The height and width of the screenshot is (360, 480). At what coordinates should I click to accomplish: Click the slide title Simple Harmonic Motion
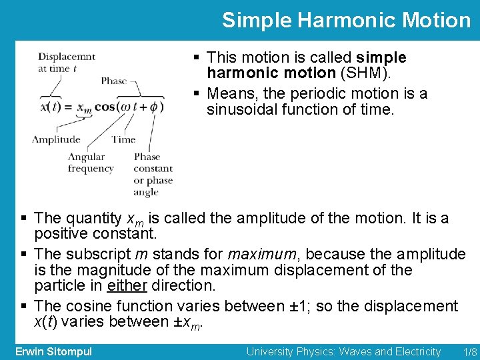click(x=346, y=20)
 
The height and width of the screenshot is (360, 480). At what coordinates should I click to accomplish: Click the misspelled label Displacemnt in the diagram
click(x=66, y=57)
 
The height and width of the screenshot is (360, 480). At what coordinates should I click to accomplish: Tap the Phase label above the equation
click(x=114, y=81)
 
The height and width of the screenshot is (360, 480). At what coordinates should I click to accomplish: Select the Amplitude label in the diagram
click(x=56, y=139)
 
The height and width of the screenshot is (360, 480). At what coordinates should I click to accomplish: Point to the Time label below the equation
click(x=123, y=139)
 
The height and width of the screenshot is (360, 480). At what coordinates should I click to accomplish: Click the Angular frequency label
click(x=91, y=163)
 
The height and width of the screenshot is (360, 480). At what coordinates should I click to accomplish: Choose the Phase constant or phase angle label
click(x=153, y=175)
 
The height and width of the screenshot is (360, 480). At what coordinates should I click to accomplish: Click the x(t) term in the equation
click(x=51, y=107)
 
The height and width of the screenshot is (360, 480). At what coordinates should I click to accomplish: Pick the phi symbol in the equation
click(x=153, y=107)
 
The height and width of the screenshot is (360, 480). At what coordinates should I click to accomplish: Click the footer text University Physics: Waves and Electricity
click(x=343, y=351)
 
